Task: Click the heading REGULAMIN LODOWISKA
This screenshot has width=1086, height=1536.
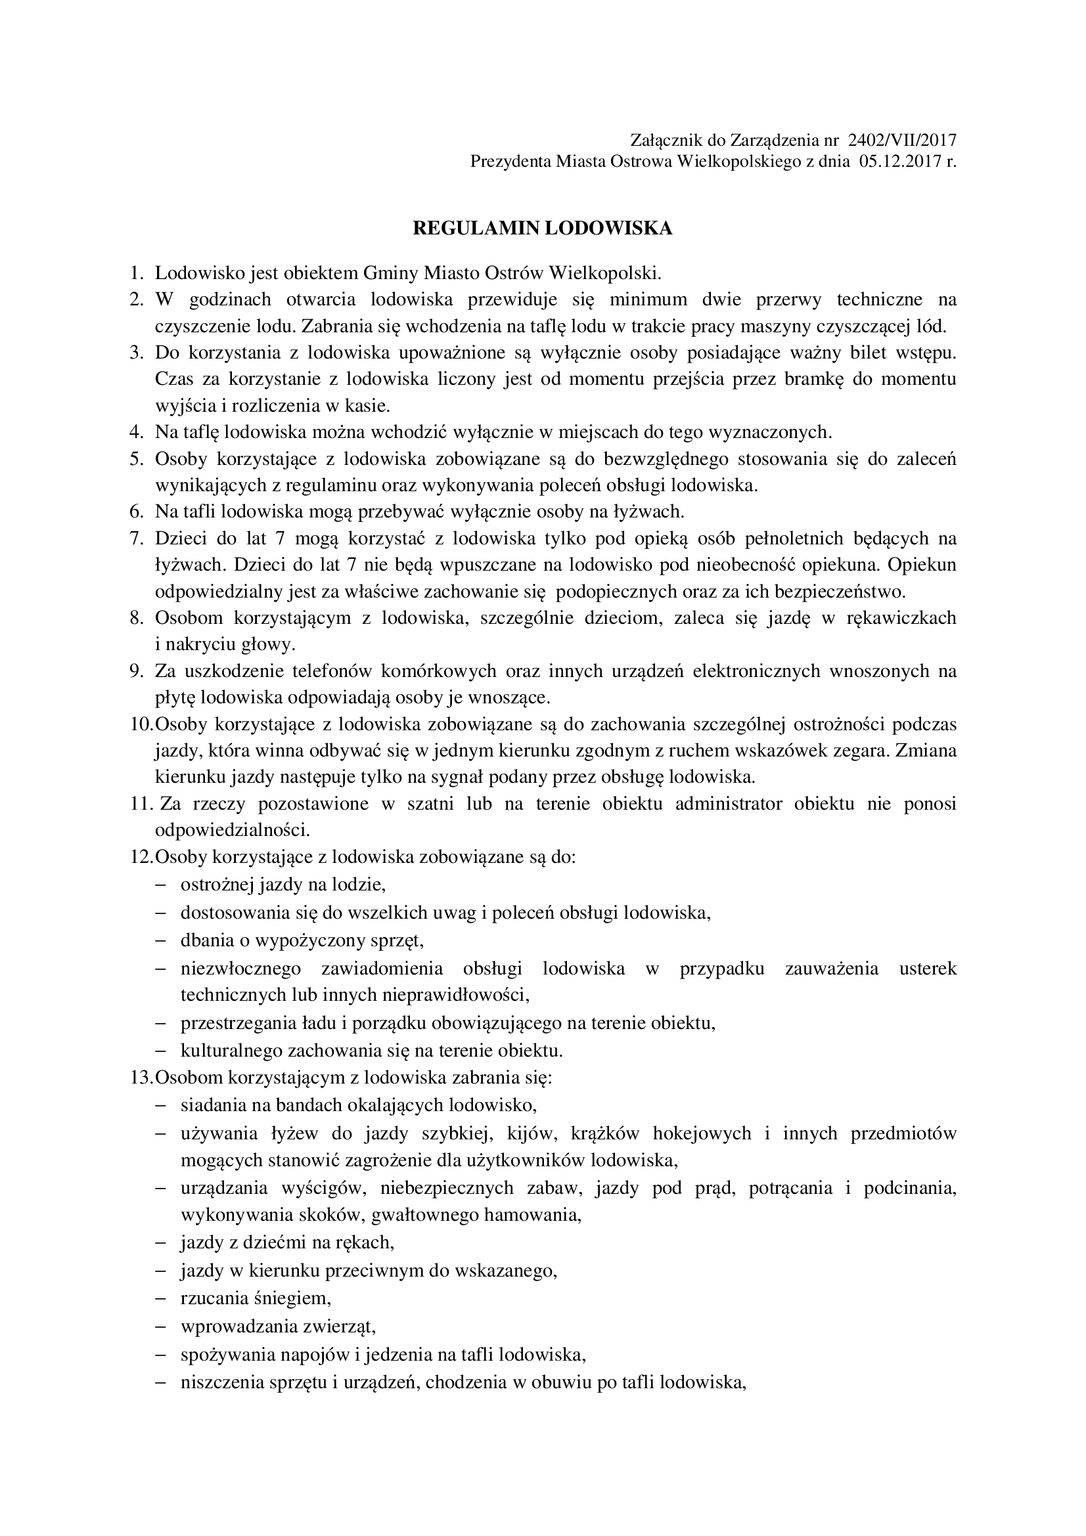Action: (x=543, y=229)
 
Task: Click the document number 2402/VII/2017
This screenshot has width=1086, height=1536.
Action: (x=902, y=141)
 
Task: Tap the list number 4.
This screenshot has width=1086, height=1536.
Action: (x=137, y=432)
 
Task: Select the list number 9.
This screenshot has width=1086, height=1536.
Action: (x=137, y=671)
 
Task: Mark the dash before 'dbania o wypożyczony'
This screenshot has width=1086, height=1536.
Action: (x=160, y=940)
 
